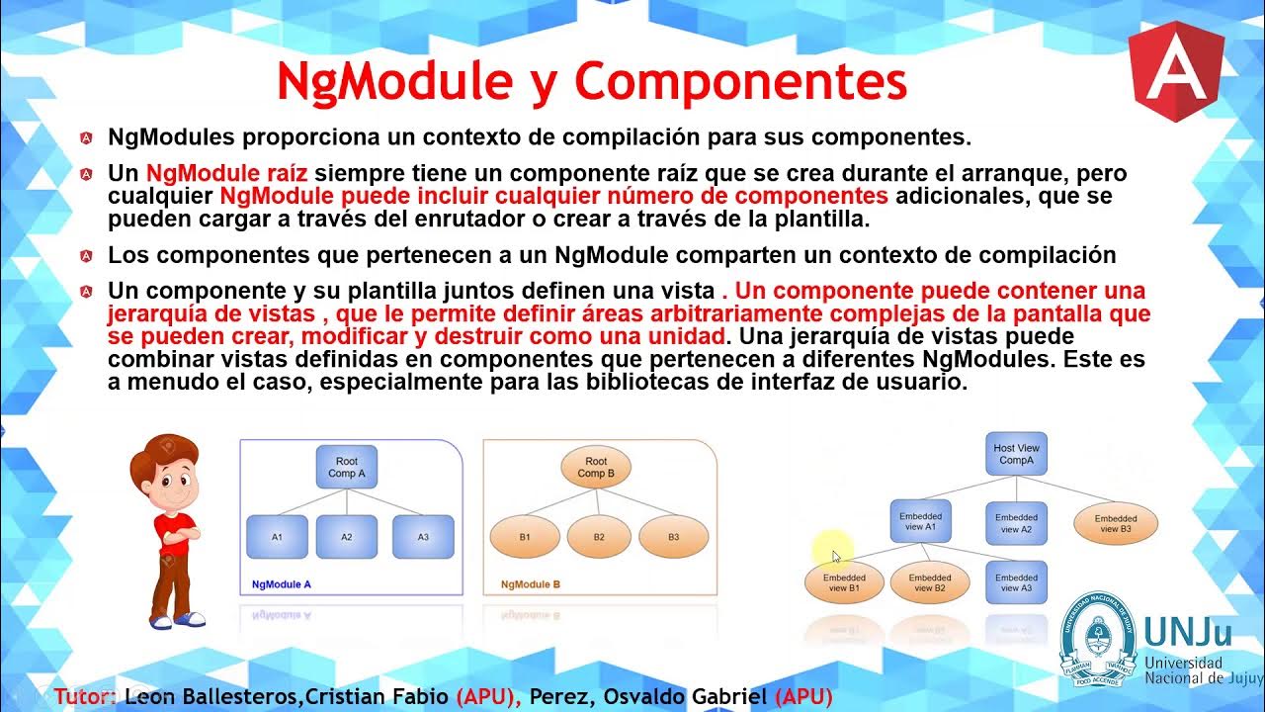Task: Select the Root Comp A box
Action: (x=347, y=467)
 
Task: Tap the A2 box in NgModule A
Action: (x=347, y=537)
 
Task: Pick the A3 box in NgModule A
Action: (x=423, y=537)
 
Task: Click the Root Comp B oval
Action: (x=596, y=467)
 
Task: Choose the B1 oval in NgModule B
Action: (x=525, y=537)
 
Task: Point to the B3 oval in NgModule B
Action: (x=673, y=537)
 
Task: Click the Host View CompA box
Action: (x=1017, y=454)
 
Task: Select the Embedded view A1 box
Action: (x=920, y=521)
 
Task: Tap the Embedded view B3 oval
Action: (x=1116, y=523)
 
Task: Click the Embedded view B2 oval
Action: (x=930, y=582)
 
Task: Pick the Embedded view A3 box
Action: (x=1016, y=582)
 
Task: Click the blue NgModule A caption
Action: (x=282, y=584)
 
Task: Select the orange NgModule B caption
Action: (x=531, y=584)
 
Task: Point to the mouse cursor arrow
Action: (x=835, y=556)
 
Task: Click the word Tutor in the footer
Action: (x=83, y=696)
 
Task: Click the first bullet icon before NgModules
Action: (x=88, y=137)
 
